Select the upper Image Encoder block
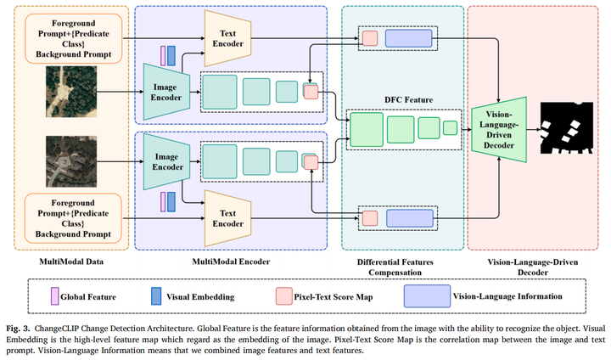click(x=165, y=88)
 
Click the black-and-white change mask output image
click(x=571, y=127)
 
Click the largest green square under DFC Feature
click(x=366, y=129)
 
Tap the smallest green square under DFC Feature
click(x=450, y=128)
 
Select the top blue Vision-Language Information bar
click(x=408, y=38)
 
